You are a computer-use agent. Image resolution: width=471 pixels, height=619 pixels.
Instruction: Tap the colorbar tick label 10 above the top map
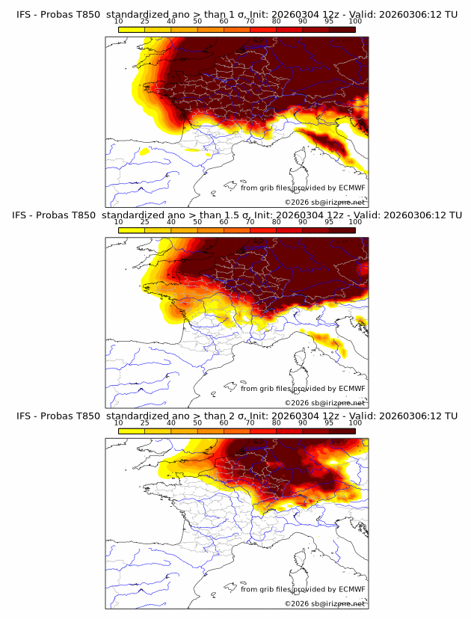pyautogui.click(x=119, y=21)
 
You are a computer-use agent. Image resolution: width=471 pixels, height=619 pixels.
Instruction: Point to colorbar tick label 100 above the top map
pyautogui.click(x=354, y=21)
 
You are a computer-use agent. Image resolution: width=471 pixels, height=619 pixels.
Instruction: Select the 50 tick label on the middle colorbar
pyautogui.click(x=197, y=222)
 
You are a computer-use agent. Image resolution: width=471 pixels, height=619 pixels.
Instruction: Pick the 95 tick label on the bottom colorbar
pyautogui.click(x=329, y=423)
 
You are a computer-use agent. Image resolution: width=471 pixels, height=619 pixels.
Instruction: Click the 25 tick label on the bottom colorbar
pyautogui.click(x=145, y=423)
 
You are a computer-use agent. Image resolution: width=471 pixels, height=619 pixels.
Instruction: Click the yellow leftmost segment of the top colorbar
pyautogui.click(x=132, y=29)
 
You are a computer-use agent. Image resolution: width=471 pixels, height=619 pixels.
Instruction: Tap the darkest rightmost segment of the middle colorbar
pyautogui.click(x=342, y=230)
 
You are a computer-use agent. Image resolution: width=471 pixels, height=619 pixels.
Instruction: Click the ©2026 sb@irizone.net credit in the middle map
pyautogui.click(x=324, y=402)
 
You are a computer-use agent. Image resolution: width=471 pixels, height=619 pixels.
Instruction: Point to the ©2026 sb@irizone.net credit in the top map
pyautogui.click(x=324, y=202)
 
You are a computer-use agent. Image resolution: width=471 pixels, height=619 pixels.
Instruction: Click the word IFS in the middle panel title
pyautogui.click(x=21, y=215)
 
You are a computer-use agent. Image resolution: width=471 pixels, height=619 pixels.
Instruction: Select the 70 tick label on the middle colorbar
pyautogui.click(x=250, y=222)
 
